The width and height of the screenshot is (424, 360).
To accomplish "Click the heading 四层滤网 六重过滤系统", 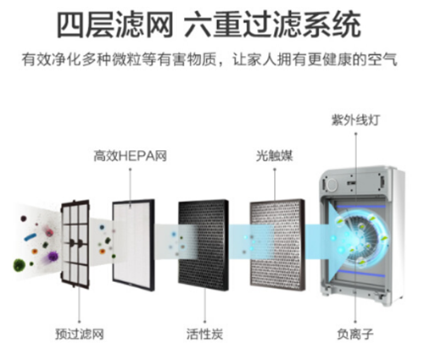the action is click(x=209, y=25).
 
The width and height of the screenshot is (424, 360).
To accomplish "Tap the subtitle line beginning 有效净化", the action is click(x=209, y=59).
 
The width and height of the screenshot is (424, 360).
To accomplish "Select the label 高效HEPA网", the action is click(x=131, y=156).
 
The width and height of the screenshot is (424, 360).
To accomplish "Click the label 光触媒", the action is click(x=275, y=156).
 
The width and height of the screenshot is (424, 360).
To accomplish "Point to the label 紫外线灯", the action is click(x=355, y=120).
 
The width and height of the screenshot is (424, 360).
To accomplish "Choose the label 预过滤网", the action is click(x=80, y=334).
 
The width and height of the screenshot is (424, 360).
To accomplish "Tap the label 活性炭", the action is click(x=204, y=334).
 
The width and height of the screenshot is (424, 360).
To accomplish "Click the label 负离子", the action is click(x=355, y=334).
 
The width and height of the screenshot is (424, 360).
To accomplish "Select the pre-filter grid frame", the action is click(x=75, y=244).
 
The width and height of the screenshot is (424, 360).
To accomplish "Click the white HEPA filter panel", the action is click(x=133, y=245).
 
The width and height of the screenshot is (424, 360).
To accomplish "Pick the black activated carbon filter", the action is click(x=204, y=245).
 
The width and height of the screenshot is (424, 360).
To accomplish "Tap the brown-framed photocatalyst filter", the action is click(x=277, y=245).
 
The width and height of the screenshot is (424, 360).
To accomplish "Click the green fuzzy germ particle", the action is click(x=20, y=265).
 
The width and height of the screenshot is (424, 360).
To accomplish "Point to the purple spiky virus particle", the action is click(x=53, y=257).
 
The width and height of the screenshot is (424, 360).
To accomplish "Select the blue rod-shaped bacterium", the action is click(x=31, y=236).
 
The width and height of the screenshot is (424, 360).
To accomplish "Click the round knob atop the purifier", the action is click(x=332, y=185).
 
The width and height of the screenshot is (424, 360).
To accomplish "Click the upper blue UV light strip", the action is click(x=360, y=207).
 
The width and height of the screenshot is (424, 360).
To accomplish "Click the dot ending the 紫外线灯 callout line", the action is click(x=356, y=134).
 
